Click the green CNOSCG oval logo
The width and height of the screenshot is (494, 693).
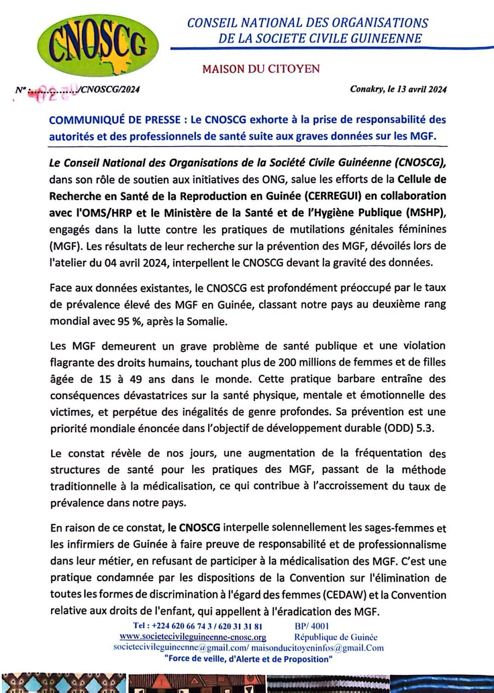[x=98, y=46]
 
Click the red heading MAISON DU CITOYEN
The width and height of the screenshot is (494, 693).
[x=261, y=69]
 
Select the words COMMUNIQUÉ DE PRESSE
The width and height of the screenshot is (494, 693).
[x=115, y=120]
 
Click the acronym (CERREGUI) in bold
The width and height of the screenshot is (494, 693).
[x=333, y=196]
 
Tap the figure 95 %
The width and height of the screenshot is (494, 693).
[x=129, y=321]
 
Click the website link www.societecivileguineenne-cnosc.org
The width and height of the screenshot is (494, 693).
[x=193, y=637]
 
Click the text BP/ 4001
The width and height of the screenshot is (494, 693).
[x=312, y=626]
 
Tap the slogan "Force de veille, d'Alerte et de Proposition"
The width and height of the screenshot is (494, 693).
[x=248, y=659]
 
